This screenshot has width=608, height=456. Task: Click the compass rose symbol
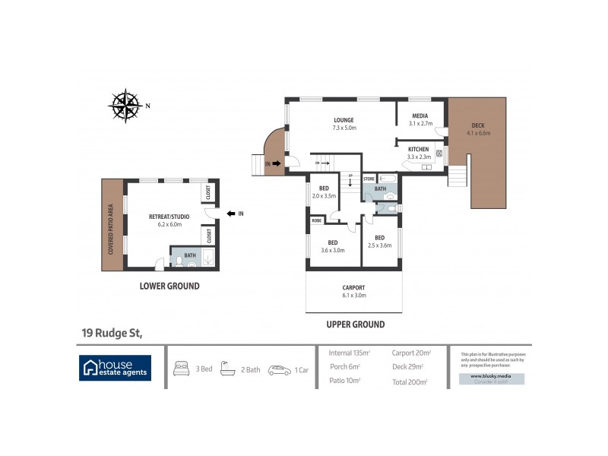(126, 106)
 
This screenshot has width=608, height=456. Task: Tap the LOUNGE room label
(344, 120)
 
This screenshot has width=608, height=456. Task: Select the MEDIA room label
(420, 116)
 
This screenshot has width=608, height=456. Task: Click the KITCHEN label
(419, 149)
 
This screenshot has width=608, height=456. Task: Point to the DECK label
(478, 125)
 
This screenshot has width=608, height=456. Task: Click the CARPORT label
(353, 287)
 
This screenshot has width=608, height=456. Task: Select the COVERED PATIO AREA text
(111, 225)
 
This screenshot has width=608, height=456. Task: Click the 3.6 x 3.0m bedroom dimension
(332, 250)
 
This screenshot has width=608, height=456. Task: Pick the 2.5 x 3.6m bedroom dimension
(378, 245)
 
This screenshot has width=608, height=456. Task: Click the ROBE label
(315, 220)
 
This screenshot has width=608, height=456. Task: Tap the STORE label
(369, 179)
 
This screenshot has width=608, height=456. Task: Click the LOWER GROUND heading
(169, 287)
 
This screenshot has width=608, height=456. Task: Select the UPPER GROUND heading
(355, 325)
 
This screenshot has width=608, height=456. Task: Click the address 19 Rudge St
(112, 332)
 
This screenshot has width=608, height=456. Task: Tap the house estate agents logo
(116, 368)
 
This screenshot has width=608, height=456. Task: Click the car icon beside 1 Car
(279, 370)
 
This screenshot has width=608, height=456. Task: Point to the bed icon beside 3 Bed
(182, 369)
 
